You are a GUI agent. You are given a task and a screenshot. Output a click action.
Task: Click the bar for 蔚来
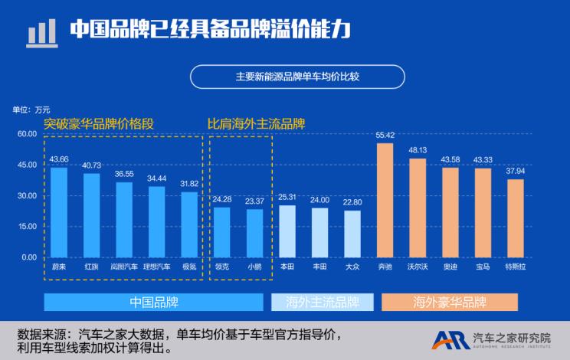pos(58,212)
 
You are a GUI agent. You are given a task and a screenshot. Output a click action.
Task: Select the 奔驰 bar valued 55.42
pos(385,200)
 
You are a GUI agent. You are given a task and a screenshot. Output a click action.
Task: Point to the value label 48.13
pos(418,150)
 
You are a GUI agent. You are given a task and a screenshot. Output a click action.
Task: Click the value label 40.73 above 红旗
pos(91,165)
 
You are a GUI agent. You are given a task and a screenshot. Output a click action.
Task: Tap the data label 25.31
pos(287,197)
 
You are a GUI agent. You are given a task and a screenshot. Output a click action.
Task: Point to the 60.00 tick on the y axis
pos(27,134)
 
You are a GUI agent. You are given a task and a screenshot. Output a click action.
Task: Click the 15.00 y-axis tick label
pos(27,226)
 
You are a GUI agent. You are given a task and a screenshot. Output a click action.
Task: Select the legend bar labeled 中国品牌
pos(153,302)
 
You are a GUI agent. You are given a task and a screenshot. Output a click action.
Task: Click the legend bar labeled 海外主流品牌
pos(323,302)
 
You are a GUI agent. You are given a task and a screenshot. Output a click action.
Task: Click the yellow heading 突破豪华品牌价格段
pos(99,123)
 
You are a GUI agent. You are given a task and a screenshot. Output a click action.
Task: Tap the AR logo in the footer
pos(450,339)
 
